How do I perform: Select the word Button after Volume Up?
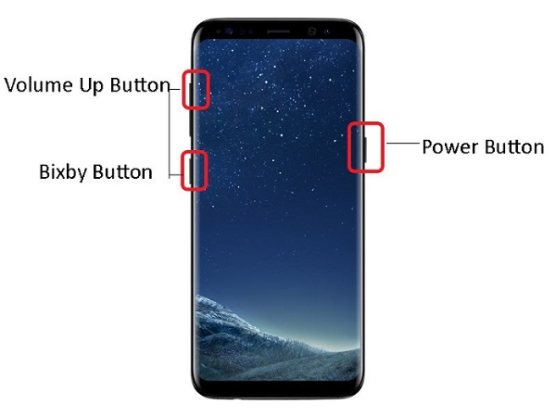[x=140, y=85]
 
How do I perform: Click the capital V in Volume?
[x=11, y=85]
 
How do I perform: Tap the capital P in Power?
[x=427, y=146]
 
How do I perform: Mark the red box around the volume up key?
[x=183, y=89]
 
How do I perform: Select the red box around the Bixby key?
[x=182, y=171]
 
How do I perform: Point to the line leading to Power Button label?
[x=403, y=144]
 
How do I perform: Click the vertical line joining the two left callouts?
[x=170, y=133]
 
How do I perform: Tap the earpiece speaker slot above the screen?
[x=278, y=32]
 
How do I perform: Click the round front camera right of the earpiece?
[x=312, y=32]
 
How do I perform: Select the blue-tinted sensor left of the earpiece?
[x=228, y=32]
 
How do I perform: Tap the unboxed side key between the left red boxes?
[x=191, y=122]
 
